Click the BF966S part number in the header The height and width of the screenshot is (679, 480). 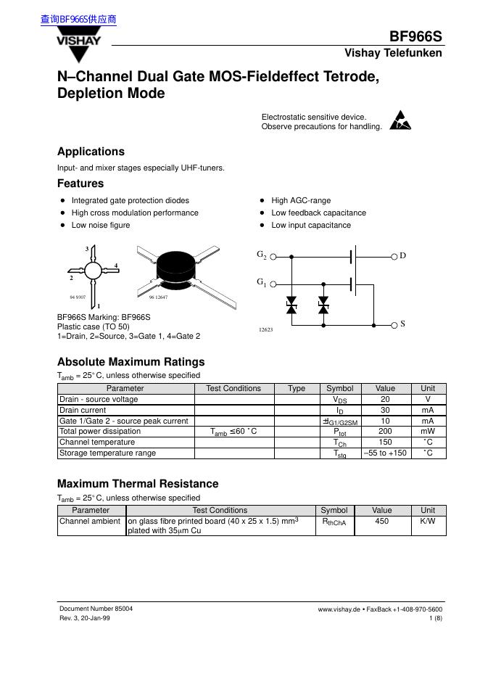[415, 37]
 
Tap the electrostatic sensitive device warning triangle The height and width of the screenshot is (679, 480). [400, 120]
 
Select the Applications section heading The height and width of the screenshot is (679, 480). [91, 152]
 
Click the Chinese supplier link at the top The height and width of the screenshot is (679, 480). [78, 20]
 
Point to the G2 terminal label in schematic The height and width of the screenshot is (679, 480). [262, 255]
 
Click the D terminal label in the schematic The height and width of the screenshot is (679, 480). [403, 256]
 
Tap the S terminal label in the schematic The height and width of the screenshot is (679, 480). [403, 324]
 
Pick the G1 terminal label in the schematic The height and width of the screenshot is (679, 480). [262, 281]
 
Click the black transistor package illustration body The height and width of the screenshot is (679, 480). [176, 266]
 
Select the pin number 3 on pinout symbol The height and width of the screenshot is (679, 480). [87, 250]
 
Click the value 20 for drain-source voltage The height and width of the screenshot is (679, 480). [385, 399]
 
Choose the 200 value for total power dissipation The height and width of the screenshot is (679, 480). [385, 431]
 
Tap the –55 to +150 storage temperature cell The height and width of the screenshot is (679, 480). [385, 453]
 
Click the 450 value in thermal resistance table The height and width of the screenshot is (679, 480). [381, 521]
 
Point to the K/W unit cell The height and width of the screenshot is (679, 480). [428, 521]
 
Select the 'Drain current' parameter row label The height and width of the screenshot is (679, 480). [83, 410]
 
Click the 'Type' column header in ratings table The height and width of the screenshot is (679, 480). [297, 388]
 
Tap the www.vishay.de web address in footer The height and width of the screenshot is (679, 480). [339, 609]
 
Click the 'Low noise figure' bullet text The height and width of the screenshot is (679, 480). [101, 225]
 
